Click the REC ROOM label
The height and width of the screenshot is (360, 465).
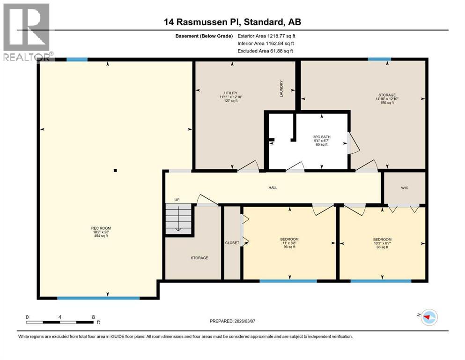coord(101,232)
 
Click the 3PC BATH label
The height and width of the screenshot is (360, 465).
coord(321,141)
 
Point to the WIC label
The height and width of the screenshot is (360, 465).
coord(405,188)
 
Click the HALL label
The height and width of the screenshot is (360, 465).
coord(273,187)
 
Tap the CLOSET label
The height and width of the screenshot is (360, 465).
coord(232,243)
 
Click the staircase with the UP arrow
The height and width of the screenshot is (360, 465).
coord(178,217)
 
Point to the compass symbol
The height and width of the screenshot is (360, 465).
coord(428,317)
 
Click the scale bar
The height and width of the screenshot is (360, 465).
coord(60,322)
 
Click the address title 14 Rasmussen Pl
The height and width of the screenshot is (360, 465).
coord(232,22)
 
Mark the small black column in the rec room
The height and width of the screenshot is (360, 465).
coord(115,171)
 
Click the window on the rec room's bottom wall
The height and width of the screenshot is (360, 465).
coord(98,298)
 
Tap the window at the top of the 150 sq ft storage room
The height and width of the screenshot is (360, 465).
coord(379,59)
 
